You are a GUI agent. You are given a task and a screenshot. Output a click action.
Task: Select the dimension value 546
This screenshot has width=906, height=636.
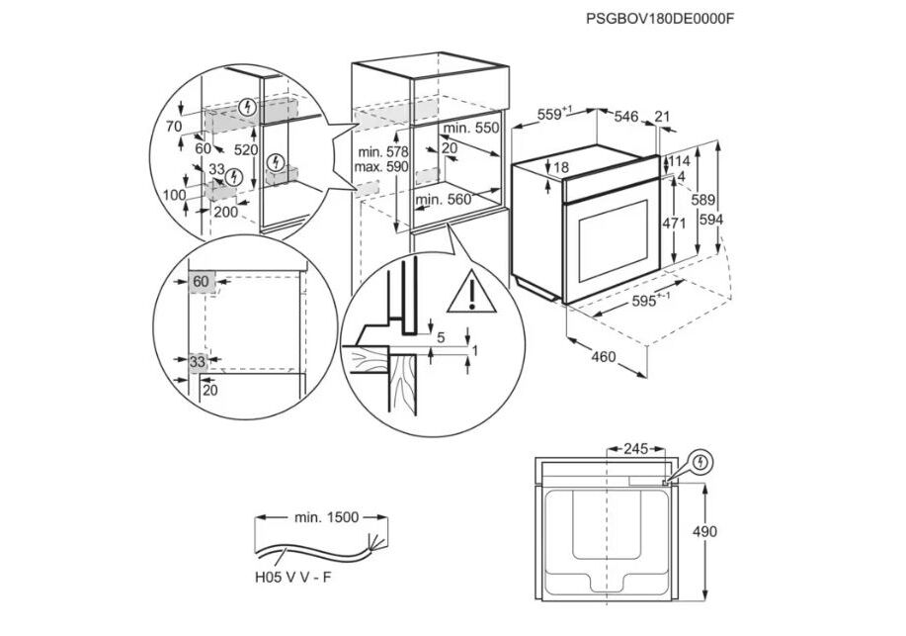[626, 117]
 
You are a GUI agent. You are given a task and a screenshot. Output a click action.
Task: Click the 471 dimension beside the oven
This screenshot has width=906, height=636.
[673, 223]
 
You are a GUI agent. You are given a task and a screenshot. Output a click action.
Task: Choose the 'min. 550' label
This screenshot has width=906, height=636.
[471, 129]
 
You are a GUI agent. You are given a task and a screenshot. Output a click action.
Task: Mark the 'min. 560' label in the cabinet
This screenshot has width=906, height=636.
[444, 200]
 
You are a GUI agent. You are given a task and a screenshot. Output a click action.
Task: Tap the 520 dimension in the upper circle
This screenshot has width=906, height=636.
[246, 149]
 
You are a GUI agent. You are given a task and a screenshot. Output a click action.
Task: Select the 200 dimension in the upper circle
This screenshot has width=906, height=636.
[225, 212]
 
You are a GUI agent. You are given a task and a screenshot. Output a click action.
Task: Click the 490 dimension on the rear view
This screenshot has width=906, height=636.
[732, 532]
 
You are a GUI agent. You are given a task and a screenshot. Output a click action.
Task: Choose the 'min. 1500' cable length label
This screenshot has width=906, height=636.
[326, 516]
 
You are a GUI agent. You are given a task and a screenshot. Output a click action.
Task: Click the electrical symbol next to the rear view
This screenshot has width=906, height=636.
[700, 461]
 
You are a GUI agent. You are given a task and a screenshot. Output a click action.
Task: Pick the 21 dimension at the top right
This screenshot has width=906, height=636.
[662, 117]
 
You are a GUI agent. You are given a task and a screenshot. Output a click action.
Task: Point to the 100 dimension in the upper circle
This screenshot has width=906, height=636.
[175, 195]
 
